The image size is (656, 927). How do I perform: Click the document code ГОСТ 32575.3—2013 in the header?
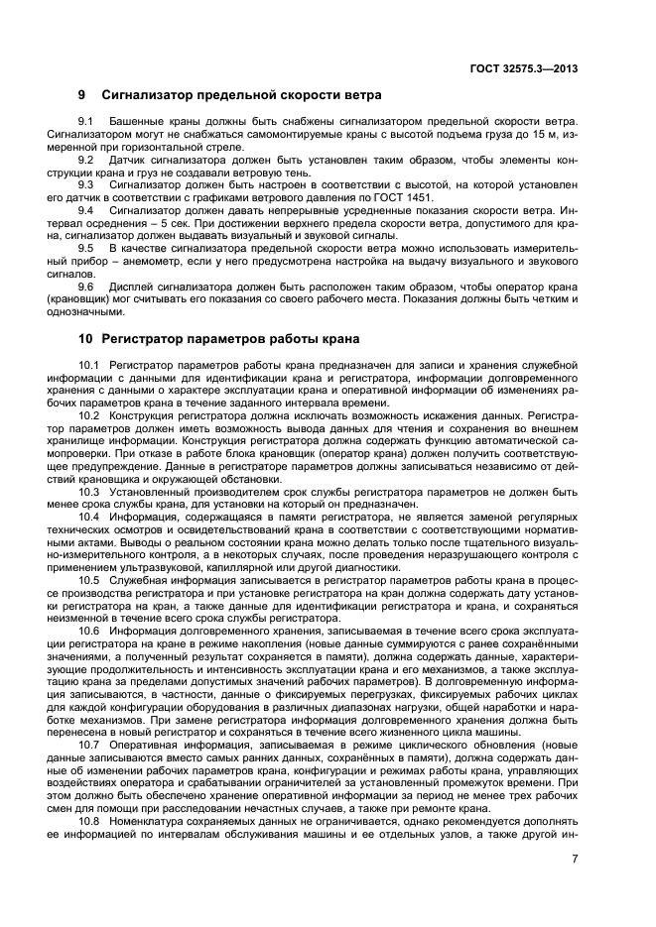tap(525, 68)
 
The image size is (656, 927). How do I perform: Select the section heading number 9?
tap(82, 95)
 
